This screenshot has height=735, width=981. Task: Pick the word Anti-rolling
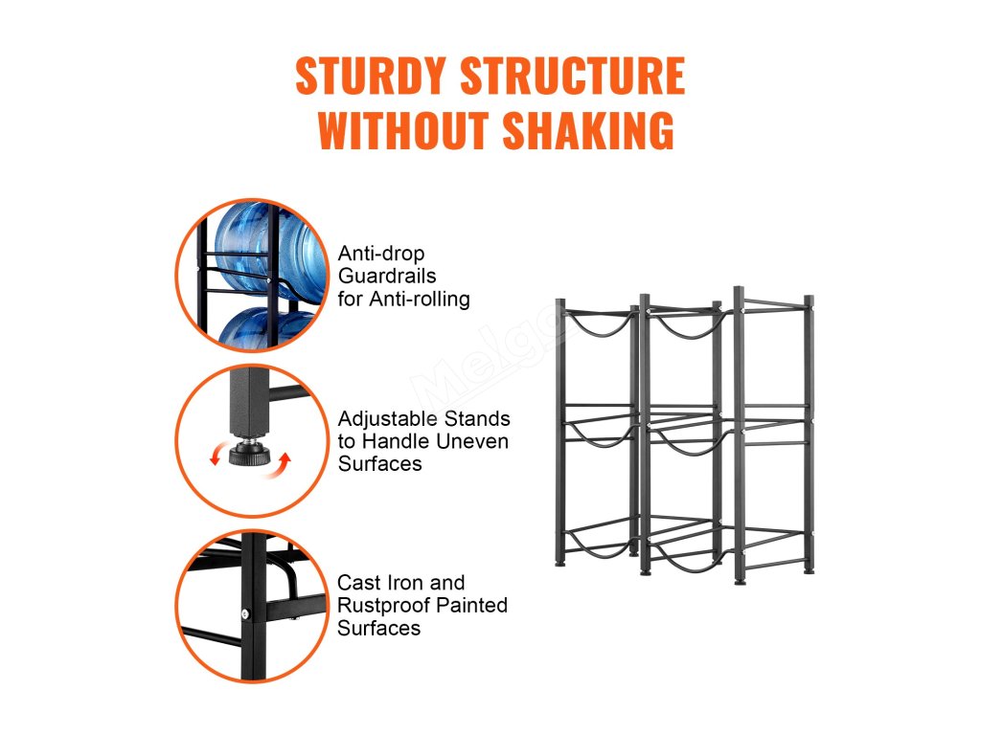coord(422,299)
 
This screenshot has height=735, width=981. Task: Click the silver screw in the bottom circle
coord(245,613)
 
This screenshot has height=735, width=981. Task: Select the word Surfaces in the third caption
coord(378,628)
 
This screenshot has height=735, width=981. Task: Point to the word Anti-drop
coord(381,254)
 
